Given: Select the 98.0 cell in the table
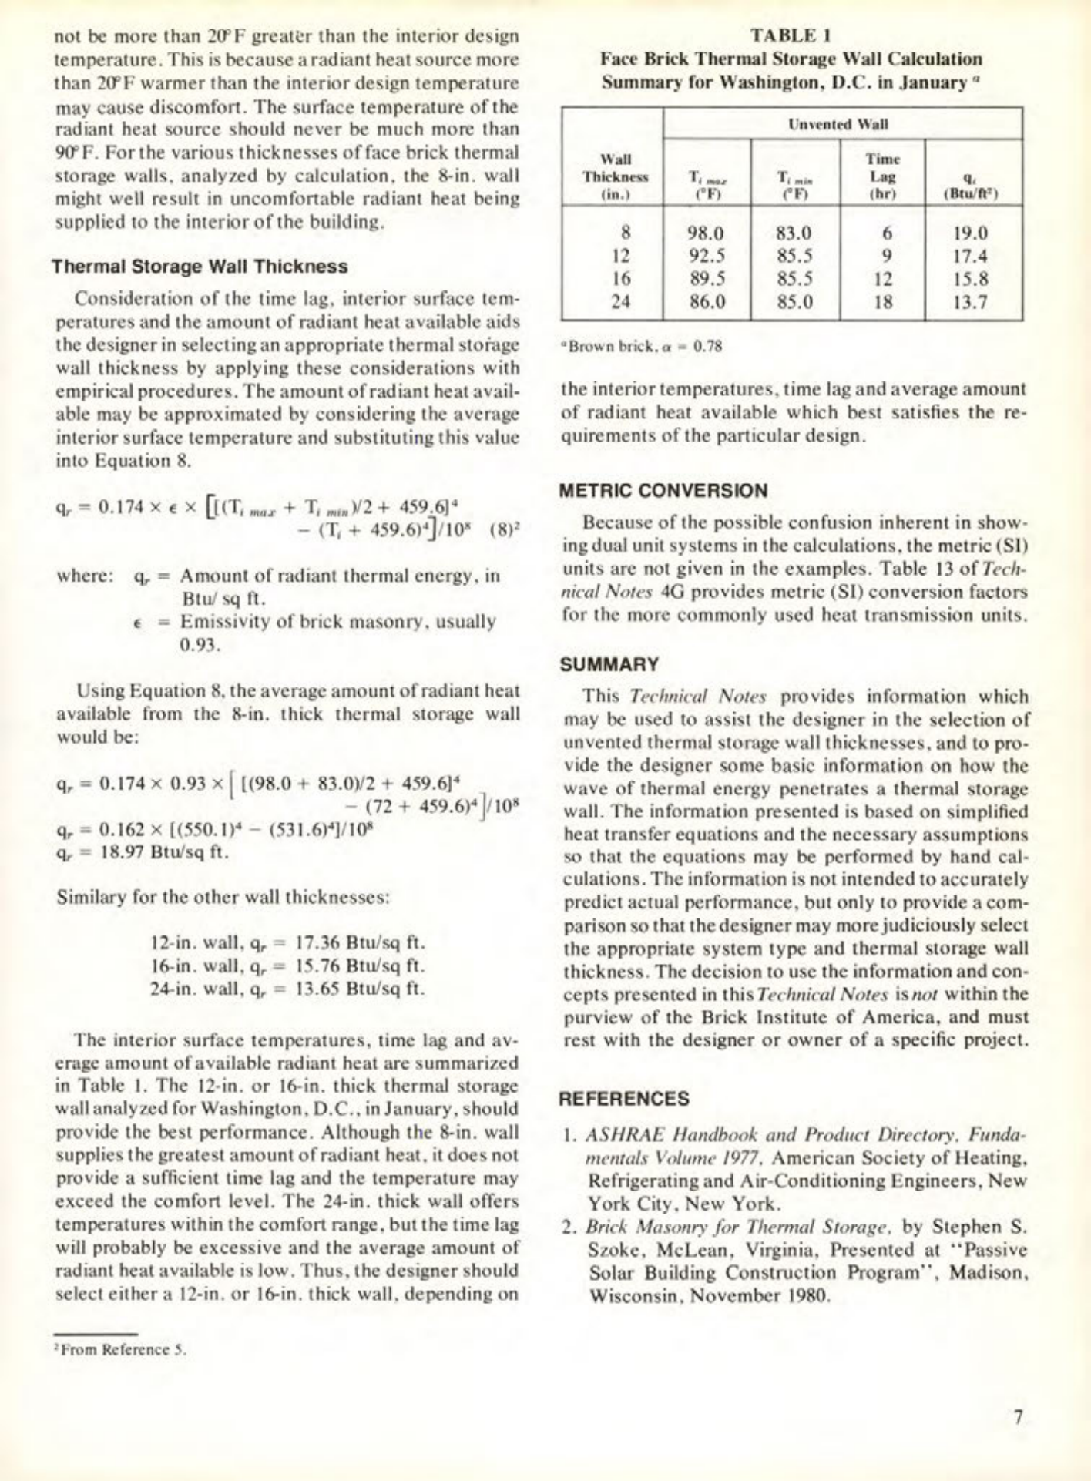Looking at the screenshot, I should (706, 233).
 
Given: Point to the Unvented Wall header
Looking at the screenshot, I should (841, 124).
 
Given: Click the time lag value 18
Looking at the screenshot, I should (883, 301).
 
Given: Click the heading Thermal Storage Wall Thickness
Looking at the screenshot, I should (200, 267).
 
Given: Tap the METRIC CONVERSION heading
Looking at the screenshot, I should (663, 491).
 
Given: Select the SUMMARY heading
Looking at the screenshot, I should (609, 664).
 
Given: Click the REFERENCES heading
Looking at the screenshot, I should (624, 1099).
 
